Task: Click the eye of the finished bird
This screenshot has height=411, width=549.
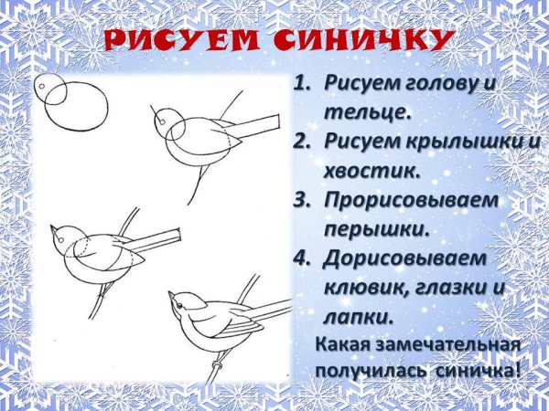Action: tap(184, 299)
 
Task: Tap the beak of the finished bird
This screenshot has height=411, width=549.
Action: tap(171, 295)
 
